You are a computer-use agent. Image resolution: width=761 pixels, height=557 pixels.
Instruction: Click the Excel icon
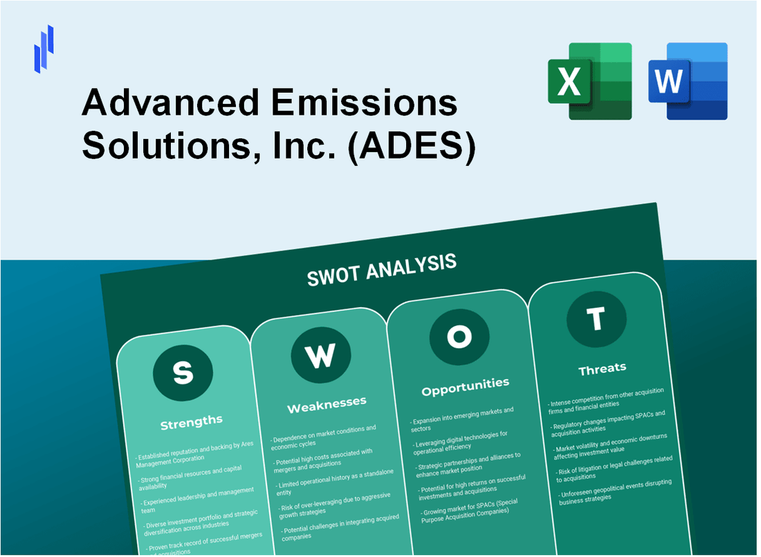coord(589,81)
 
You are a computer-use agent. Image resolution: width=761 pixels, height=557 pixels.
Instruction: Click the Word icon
coord(688,81)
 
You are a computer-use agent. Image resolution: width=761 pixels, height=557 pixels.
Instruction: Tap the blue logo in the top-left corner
coord(44,49)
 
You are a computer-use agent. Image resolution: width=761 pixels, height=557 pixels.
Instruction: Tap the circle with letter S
coord(183,372)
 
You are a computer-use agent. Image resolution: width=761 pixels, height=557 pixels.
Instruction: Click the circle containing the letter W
coord(320,354)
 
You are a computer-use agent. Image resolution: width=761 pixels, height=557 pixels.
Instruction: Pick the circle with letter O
coord(459,336)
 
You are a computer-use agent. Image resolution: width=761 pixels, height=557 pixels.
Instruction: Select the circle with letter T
coord(596,319)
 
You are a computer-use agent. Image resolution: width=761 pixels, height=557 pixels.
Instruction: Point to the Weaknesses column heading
coord(327,403)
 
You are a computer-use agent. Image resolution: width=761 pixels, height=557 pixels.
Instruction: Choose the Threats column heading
coord(602,368)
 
